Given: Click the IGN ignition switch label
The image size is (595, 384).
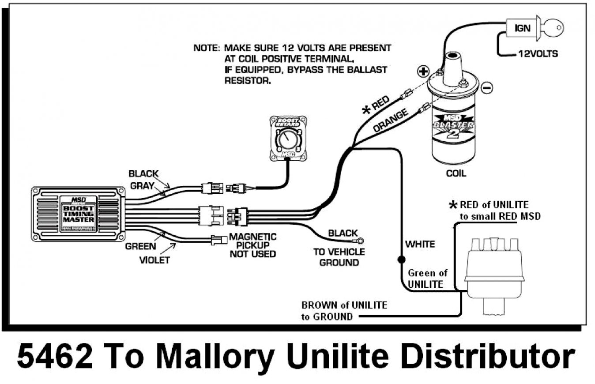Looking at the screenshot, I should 523,28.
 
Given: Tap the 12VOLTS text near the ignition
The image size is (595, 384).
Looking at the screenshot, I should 538,54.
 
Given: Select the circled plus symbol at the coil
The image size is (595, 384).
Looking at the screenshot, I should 423,71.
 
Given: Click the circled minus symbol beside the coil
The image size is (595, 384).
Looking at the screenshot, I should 486,88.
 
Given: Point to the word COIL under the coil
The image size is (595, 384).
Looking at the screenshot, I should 456,173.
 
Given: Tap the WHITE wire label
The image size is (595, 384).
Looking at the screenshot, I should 420,244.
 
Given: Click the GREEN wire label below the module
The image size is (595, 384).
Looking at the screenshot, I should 140,246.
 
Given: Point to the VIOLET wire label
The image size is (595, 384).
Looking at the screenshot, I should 154,260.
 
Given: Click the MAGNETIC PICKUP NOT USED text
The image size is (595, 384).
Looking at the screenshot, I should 252,245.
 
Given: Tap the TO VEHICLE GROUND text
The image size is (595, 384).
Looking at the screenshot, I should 339,257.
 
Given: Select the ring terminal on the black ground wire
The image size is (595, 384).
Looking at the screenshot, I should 360,241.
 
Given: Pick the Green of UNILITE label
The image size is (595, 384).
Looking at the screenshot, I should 426,279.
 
